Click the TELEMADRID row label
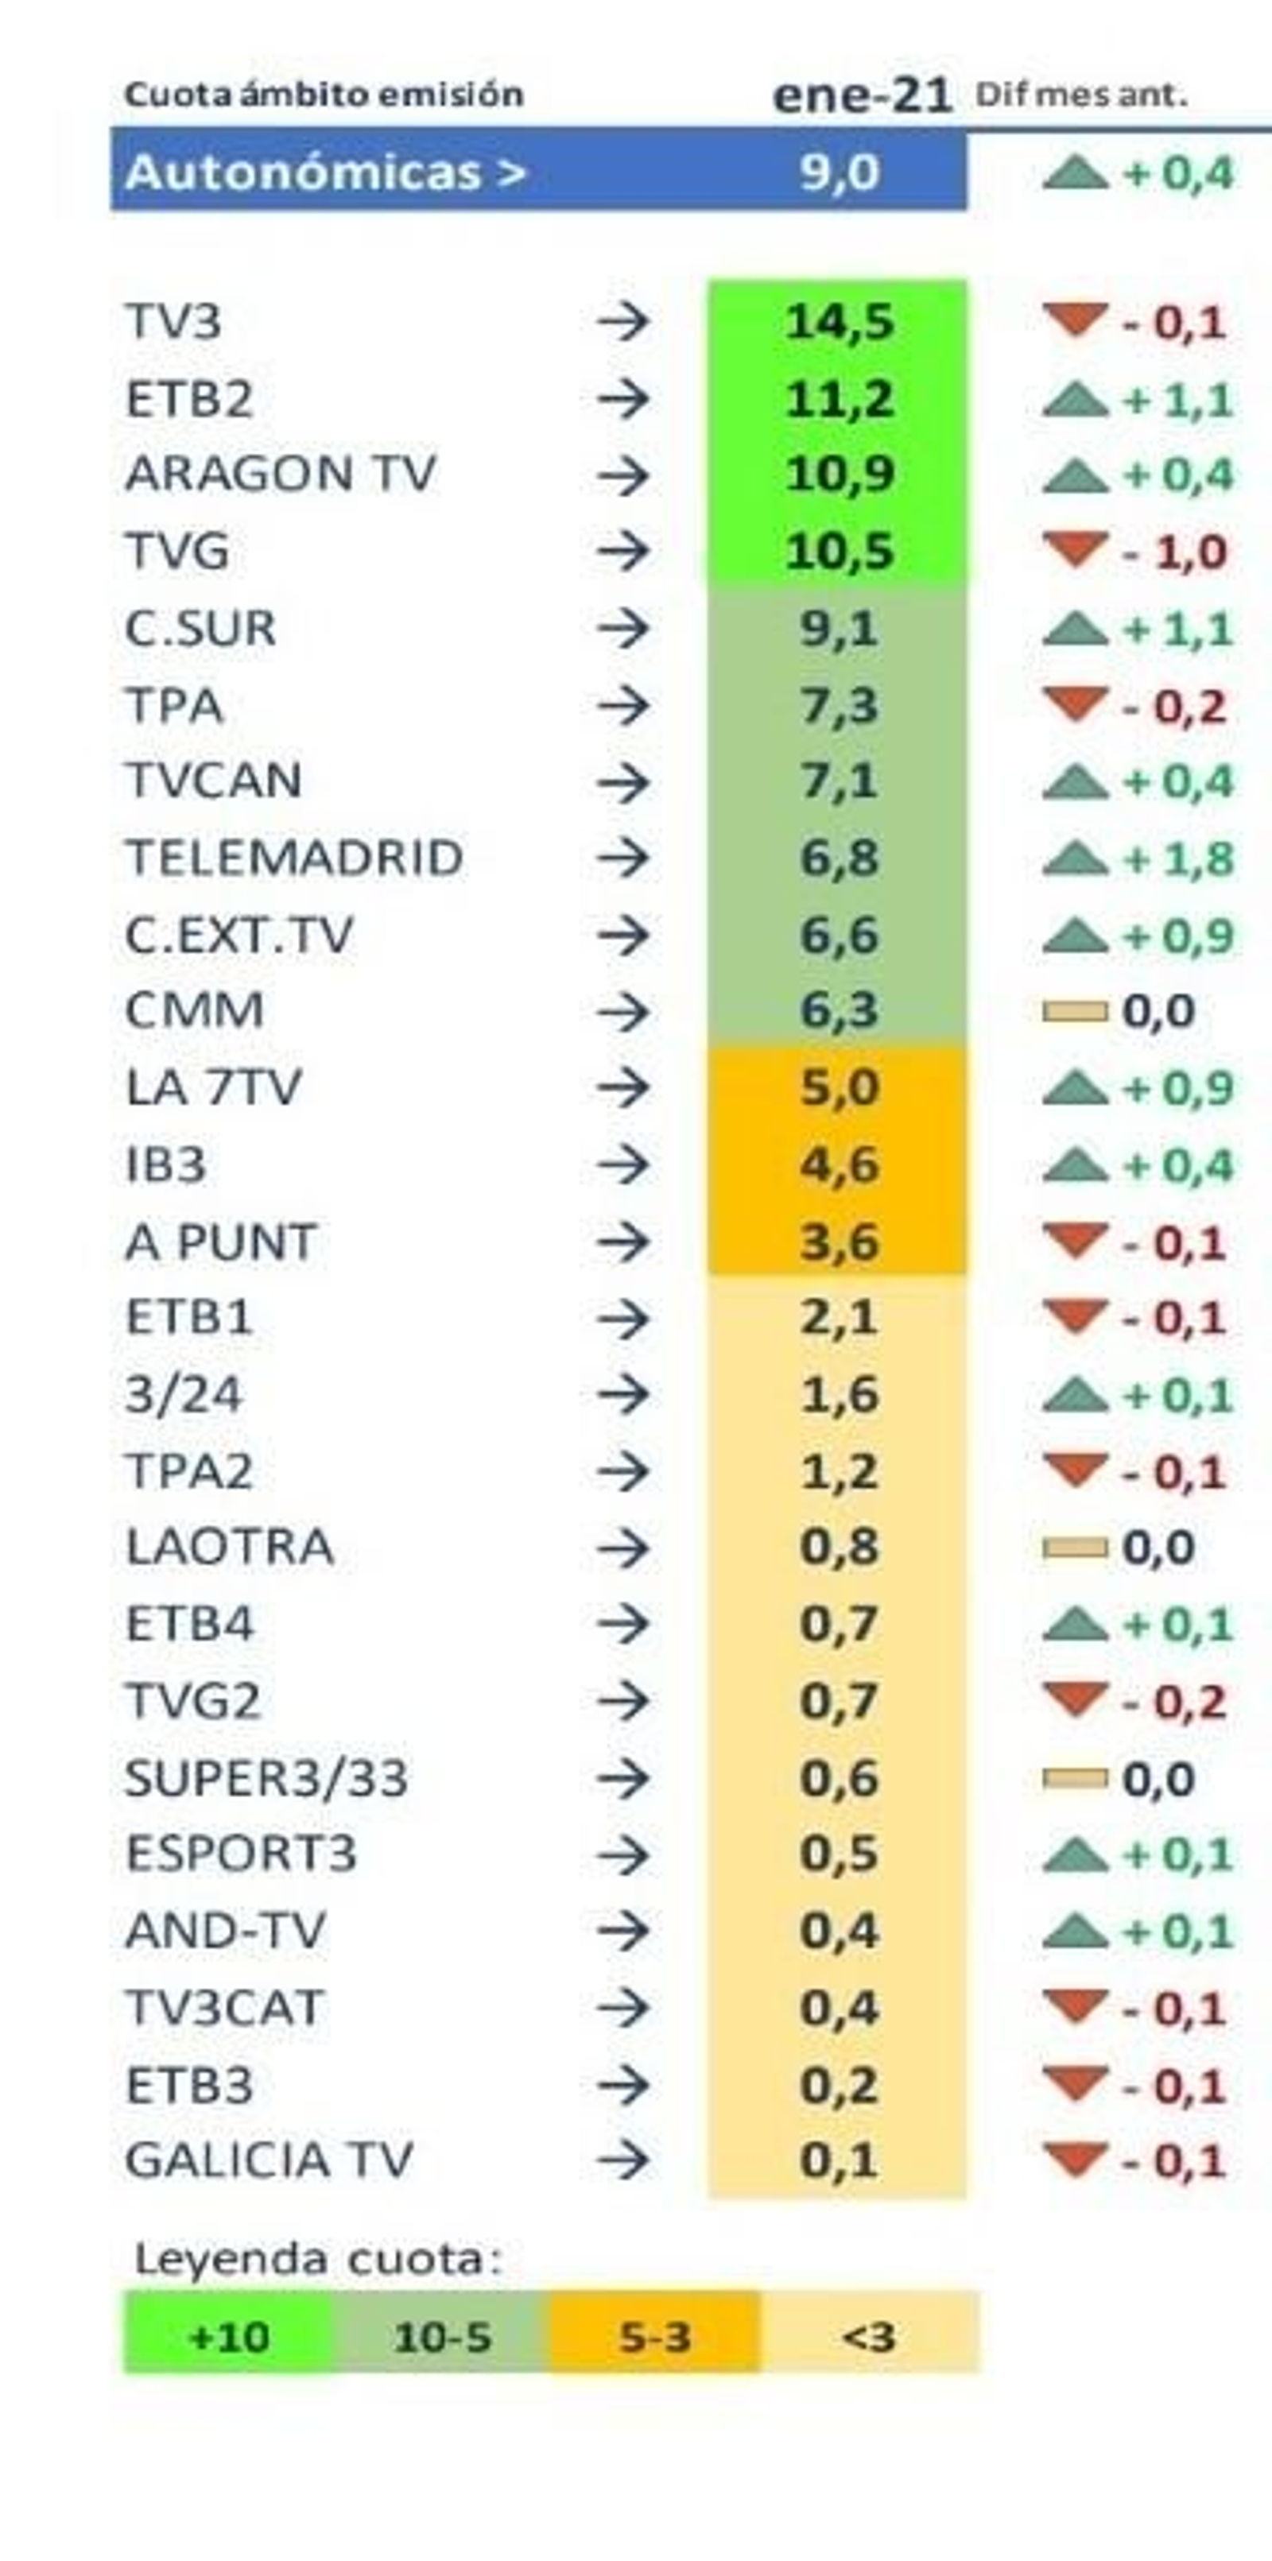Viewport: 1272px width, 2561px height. [293, 858]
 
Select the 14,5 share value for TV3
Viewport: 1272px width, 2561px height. [839, 322]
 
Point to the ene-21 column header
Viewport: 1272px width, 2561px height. [861, 95]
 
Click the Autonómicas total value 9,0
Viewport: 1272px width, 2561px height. [839, 172]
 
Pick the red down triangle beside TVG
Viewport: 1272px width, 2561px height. [1075, 548]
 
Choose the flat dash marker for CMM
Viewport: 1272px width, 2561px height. [1074, 1011]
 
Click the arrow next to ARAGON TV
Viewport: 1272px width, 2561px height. [623, 475]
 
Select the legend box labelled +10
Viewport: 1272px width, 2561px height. [227, 2336]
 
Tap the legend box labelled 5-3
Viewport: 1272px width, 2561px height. [654, 2336]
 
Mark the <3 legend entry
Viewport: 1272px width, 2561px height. [868, 2336]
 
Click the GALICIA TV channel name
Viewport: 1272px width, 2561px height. [269, 2160]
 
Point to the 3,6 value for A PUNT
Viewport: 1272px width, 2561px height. [839, 1242]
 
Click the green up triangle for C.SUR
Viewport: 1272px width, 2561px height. [1075, 628]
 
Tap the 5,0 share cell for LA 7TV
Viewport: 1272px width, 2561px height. [839, 1087]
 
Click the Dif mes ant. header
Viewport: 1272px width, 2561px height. [1081, 95]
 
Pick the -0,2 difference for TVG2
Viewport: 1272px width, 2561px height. [1173, 1702]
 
